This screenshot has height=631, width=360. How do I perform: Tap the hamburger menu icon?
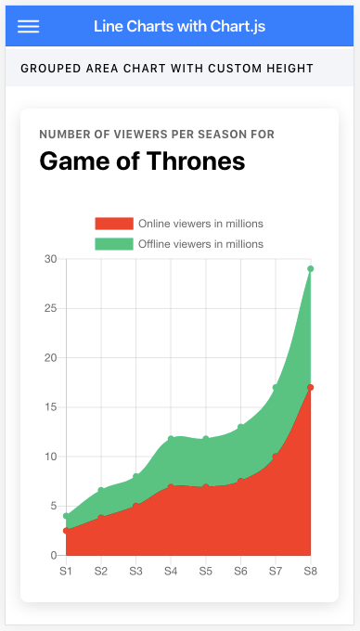tap(28, 27)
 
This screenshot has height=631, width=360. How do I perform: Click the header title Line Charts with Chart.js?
tap(179, 27)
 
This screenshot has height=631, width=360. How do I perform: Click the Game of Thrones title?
tap(142, 161)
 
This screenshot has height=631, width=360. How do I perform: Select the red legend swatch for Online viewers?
tap(114, 224)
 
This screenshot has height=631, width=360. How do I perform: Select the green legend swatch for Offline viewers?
tap(114, 244)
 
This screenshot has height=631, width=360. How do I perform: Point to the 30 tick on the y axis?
tap(51, 259)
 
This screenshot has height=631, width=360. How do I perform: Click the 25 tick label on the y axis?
tap(51, 308)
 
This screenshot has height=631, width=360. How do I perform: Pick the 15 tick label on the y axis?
tap(51, 407)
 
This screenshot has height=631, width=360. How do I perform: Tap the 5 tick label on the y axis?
tap(55, 506)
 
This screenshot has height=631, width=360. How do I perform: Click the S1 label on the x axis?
tap(66, 571)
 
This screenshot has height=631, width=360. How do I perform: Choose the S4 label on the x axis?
tap(171, 571)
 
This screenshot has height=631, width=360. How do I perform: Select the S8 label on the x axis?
tap(310, 571)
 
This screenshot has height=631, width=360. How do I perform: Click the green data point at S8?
tap(310, 269)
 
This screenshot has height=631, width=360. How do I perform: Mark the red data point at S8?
tap(310, 388)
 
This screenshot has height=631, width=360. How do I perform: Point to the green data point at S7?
tap(276, 388)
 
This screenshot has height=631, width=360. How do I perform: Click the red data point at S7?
tap(276, 457)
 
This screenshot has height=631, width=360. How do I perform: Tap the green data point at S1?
tap(67, 516)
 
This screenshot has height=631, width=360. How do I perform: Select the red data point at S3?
tap(136, 506)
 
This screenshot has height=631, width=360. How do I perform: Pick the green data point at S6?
tap(240, 427)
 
